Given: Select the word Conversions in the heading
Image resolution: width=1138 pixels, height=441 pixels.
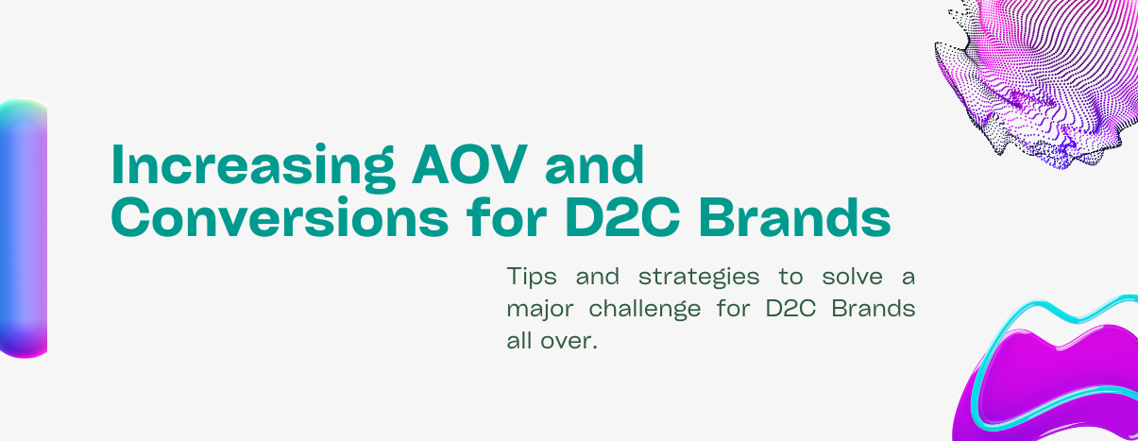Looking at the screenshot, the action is pyautogui.click(x=280, y=218).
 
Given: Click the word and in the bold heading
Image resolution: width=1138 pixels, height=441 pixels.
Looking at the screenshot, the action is pyautogui.click(x=594, y=164).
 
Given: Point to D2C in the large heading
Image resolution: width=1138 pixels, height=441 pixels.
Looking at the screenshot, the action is pyautogui.click(x=622, y=218).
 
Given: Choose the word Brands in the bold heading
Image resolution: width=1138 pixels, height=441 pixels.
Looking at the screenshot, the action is pyautogui.click(x=794, y=217).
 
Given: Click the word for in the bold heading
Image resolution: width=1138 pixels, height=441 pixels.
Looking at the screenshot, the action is pyautogui.click(x=506, y=217).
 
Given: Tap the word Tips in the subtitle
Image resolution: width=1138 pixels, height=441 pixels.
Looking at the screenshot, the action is pyautogui.click(x=532, y=277).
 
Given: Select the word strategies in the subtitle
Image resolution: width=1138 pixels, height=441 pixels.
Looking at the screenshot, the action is pyautogui.click(x=699, y=278).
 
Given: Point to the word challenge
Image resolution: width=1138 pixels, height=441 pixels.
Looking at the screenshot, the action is pyautogui.click(x=645, y=310).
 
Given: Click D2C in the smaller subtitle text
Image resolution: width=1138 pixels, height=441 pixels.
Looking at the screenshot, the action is pyautogui.click(x=790, y=309).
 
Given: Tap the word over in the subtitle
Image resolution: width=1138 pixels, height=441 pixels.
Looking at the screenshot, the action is pyautogui.click(x=569, y=341).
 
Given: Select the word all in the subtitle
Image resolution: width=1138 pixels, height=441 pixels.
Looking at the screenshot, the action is pyautogui.click(x=519, y=340).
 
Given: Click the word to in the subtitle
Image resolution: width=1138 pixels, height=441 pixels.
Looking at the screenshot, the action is pyautogui.click(x=791, y=278).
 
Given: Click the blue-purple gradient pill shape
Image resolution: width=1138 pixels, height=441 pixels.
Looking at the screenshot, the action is pyautogui.click(x=24, y=229).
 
